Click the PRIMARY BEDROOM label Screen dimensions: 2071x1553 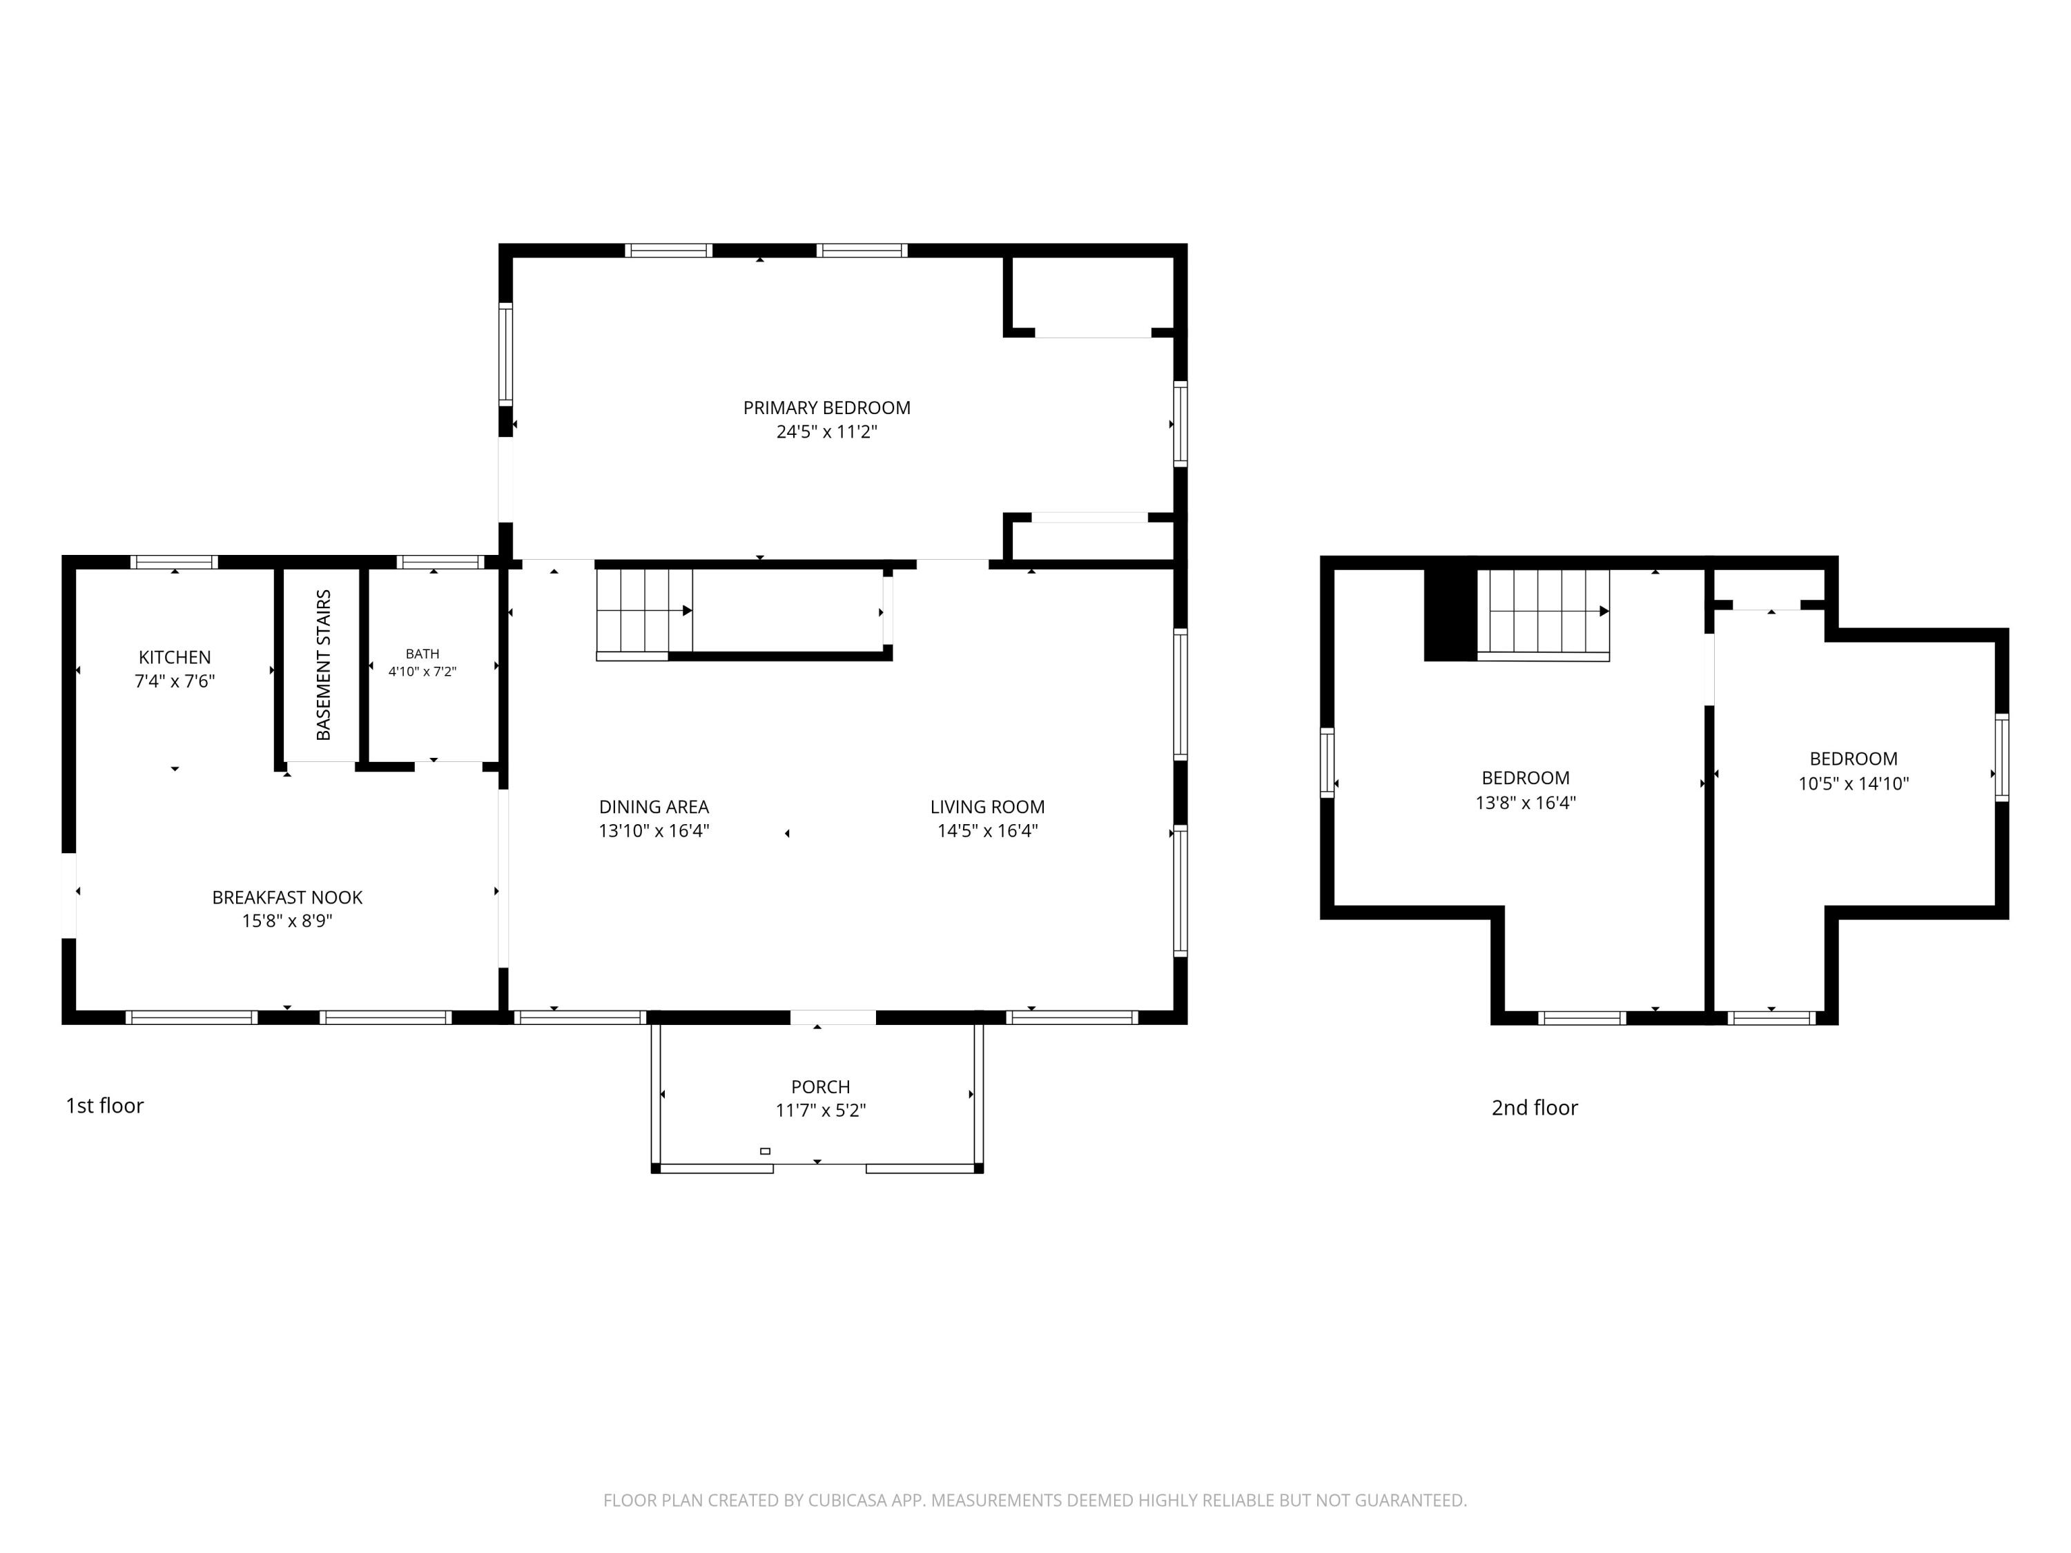click(x=827, y=408)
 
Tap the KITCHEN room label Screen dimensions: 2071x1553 click(x=175, y=657)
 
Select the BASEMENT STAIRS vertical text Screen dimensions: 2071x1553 click(x=324, y=665)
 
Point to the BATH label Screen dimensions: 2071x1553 click(x=422, y=654)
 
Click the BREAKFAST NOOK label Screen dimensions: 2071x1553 click(x=287, y=897)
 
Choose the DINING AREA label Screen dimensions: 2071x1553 click(x=654, y=807)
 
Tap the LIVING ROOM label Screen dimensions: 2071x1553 click(x=988, y=807)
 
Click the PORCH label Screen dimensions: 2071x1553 click(x=821, y=1087)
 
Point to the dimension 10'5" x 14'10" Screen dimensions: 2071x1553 click(x=1854, y=783)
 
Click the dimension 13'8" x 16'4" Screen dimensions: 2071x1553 click(x=1526, y=802)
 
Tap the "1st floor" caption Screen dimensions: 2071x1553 click(x=105, y=1106)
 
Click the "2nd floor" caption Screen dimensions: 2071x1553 click(x=1535, y=1107)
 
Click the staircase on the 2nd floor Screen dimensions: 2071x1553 click(x=1544, y=614)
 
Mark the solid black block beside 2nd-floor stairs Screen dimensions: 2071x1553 click(x=1450, y=614)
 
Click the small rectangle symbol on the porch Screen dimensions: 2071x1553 click(x=765, y=1151)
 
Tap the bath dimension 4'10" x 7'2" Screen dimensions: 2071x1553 click(x=422, y=671)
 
